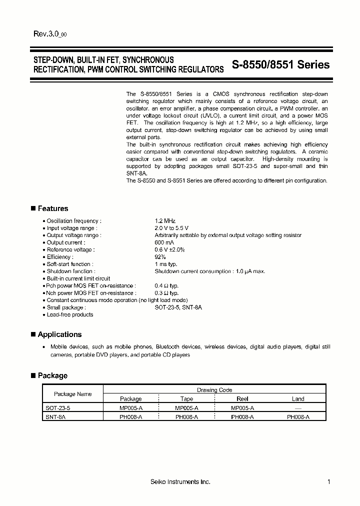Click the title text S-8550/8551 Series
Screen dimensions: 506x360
(x=280, y=64)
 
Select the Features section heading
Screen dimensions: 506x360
(x=52, y=208)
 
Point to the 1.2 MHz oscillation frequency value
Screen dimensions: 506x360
(x=165, y=220)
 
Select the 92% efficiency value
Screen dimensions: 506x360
(x=160, y=257)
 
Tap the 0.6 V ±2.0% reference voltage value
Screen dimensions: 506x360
(x=170, y=249)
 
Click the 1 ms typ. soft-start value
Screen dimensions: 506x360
(x=166, y=264)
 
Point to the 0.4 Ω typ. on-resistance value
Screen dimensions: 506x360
(x=166, y=286)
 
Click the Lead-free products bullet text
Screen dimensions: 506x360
(x=70, y=315)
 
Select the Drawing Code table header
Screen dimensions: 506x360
(x=214, y=390)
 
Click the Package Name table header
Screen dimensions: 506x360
(x=72, y=394)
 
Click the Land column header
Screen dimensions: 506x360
(x=298, y=399)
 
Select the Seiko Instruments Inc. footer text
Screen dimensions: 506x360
(x=180, y=481)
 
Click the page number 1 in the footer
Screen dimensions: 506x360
(x=328, y=481)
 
